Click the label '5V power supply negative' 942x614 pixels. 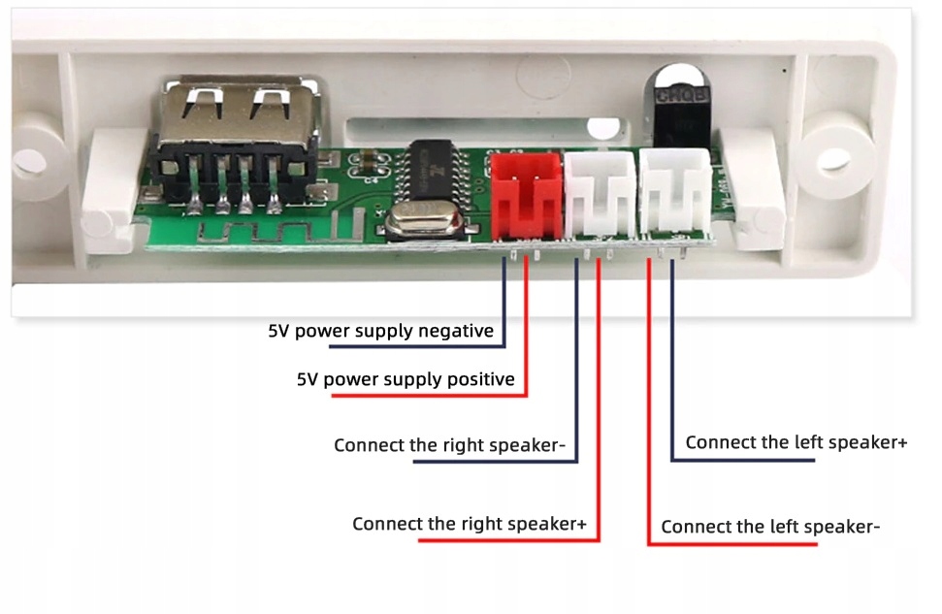click(380, 331)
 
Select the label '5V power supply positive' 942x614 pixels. click(406, 379)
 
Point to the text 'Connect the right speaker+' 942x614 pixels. click(470, 524)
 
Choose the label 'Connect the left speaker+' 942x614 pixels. click(796, 442)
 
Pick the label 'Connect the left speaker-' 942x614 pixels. click(770, 527)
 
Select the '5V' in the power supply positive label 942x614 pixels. click(308, 379)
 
